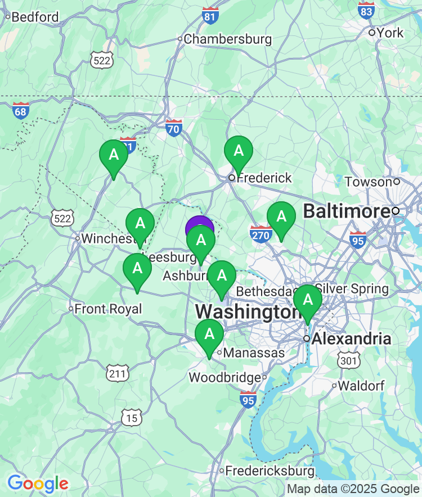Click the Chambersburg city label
(227, 39)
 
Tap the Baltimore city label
(347, 211)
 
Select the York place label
(390, 33)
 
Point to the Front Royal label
(108, 309)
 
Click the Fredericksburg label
(270, 470)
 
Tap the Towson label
(369, 182)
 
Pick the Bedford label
(35, 17)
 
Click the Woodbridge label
(225, 377)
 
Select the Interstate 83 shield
(366, 10)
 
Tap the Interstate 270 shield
(261, 234)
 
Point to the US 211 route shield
(118, 372)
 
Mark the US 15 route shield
(131, 417)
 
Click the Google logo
(38, 483)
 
